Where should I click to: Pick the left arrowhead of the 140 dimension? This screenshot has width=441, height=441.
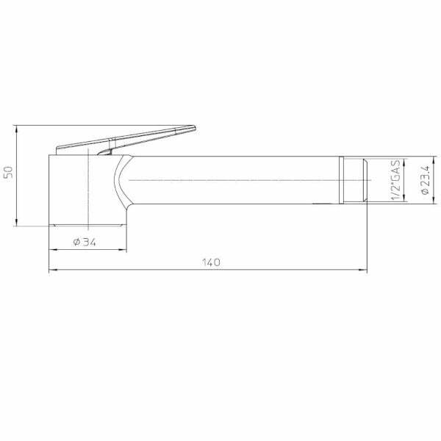click(51, 270)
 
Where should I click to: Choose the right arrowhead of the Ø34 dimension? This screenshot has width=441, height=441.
click(121, 250)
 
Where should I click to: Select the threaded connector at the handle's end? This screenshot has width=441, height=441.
click(356, 179)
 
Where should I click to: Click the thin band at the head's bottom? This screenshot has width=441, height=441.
click(87, 223)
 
